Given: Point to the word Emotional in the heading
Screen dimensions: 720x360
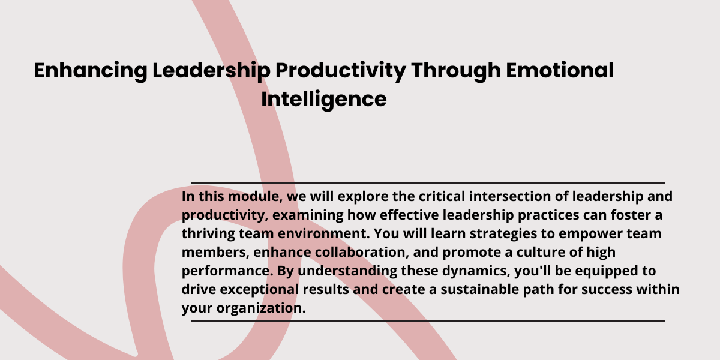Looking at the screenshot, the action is pos(560,70).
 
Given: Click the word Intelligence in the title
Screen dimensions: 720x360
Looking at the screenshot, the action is pos(323,100).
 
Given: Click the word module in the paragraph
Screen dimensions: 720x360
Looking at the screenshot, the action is pos(255,197).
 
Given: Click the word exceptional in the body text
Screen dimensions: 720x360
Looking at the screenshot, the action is pos(259,290).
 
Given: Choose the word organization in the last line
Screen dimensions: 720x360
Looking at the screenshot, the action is pos(260,308).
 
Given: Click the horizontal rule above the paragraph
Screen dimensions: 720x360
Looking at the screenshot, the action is pos(428,182).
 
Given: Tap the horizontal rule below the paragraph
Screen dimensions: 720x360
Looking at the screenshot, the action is pos(428,321).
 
